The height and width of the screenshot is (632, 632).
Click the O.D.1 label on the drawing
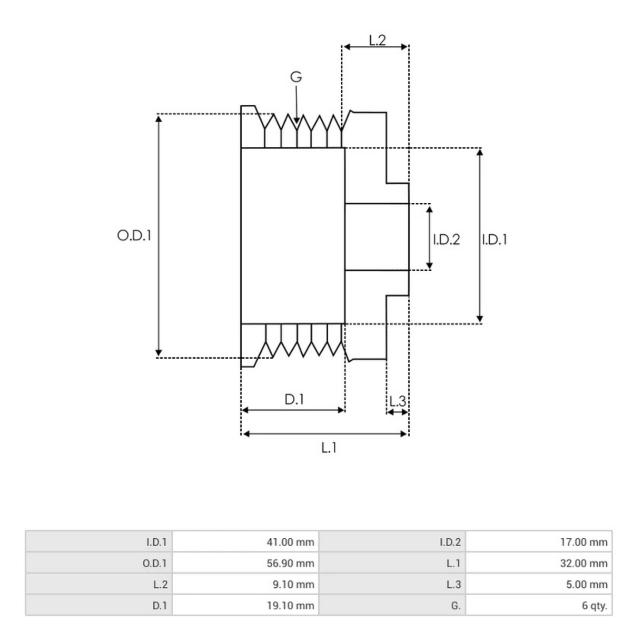coord(134,235)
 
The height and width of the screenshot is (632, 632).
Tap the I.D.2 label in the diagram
coord(446,240)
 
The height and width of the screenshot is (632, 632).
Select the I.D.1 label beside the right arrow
coord(495,240)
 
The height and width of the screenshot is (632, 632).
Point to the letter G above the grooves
coord(296,77)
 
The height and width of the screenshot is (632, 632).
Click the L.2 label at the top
coord(377,40)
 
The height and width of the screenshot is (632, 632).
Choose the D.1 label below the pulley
coord(294,400)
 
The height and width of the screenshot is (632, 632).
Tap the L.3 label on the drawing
coord(398,402)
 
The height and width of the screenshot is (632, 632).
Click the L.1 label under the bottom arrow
coord(329,448)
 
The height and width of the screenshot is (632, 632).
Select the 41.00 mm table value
coord(290,542)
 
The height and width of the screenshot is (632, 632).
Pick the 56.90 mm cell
coord(290,563)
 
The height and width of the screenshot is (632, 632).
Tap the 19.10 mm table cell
coord(290,606)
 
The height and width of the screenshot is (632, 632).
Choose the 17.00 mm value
coord(584,542)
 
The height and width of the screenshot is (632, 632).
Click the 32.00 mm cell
coord(584,563)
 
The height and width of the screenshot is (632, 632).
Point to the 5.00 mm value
coord(586,584)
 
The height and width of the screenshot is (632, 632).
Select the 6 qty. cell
coord(594,606)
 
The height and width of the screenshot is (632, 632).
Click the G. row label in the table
coord(456,606)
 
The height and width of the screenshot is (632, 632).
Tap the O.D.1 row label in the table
coord(154,563)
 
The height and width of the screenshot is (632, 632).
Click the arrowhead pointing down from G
coord(297,121)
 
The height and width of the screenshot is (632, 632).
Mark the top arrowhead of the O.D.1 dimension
coord(159,117)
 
